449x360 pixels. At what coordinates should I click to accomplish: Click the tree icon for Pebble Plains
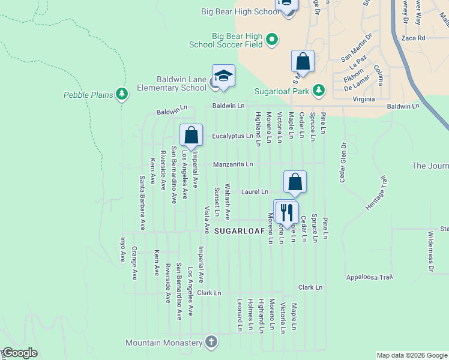coord(122,94)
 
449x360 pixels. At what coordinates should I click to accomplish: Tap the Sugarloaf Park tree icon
coord(319,91)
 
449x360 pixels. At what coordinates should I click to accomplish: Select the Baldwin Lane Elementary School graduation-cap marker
coord(223,76)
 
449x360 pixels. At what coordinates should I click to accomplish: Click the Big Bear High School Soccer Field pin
coord(272,40)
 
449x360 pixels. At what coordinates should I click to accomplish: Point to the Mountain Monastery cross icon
coord(211,343)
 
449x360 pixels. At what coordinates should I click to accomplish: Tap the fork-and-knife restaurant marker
coord(286,212)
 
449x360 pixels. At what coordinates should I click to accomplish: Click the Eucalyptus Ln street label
coord(232,136)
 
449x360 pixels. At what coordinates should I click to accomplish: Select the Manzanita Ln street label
coord(233,164)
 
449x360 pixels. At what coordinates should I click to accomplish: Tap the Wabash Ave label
coord(228,202)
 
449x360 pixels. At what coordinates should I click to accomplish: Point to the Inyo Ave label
coord(122,249)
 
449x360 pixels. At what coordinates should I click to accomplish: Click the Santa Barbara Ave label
coord(142,203)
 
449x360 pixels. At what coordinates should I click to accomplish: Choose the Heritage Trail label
coord(377,191)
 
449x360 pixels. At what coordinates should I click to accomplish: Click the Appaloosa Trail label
coord(369,277)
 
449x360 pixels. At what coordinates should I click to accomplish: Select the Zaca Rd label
coord(414,38)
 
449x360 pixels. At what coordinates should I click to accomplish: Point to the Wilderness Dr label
coord(430,251)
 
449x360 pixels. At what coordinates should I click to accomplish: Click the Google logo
coord(19,353)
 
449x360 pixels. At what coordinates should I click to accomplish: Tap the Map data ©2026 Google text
coord(411,355)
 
